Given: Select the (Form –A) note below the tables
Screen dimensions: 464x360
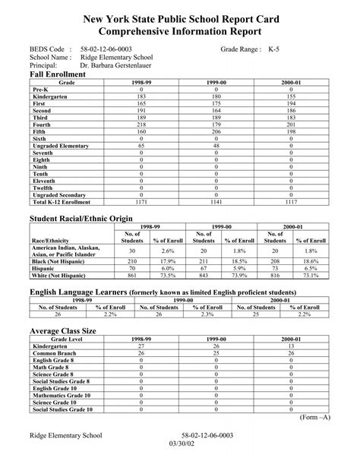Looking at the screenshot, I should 314,418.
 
